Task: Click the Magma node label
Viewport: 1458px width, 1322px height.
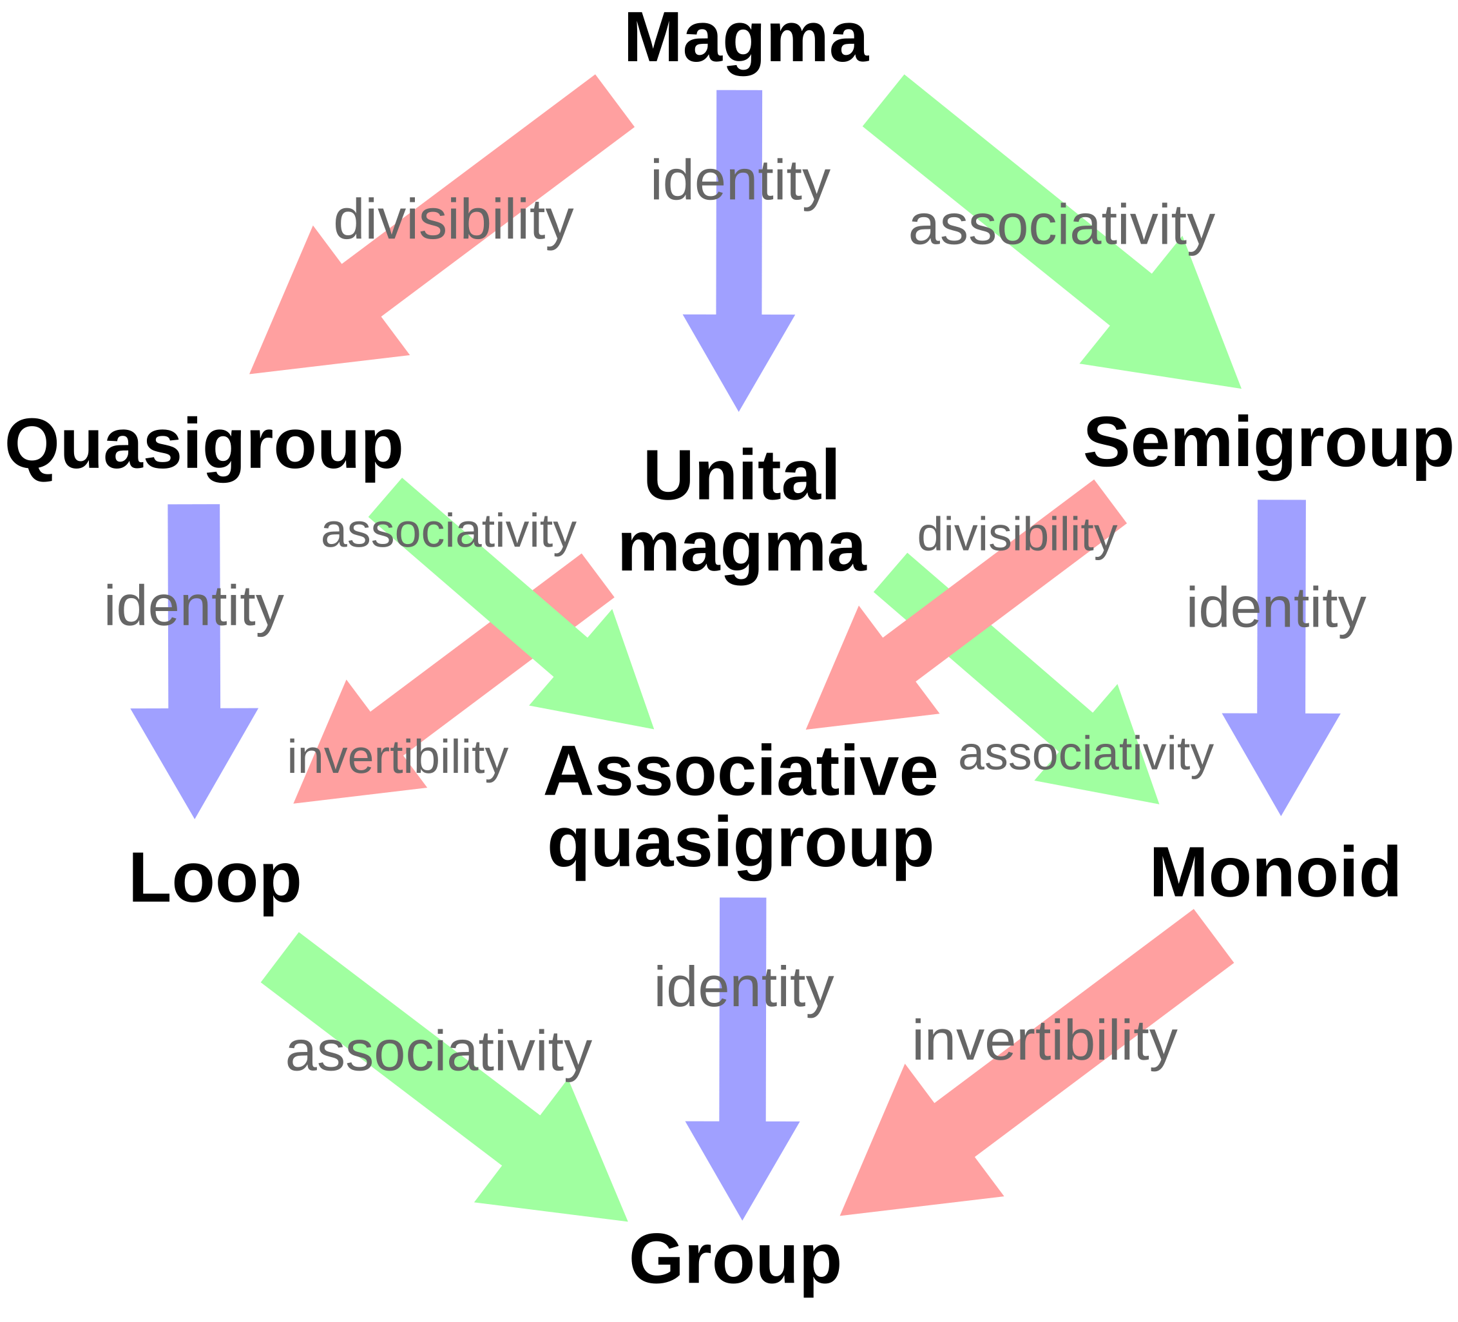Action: pyautogui.click(x=745, y=39)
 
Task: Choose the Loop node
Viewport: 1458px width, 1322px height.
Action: pyautogui.click(x=215, y=879)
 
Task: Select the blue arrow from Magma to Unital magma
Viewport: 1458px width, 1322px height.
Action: pyautogui.click(x=738, y=250)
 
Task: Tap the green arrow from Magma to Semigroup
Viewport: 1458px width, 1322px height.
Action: pyautogui.click(x=1052, y=231)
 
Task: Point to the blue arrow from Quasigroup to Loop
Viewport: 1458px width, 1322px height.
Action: pyautogui.click(x=194, y=661)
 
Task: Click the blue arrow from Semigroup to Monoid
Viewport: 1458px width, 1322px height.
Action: pyautogui.click(x=1281, y=657)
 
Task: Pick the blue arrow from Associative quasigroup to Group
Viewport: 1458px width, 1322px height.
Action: pyautogui.click(x=742, y=1058)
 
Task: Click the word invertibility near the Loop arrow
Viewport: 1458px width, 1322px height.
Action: pyautogui.click(x=397, y=757)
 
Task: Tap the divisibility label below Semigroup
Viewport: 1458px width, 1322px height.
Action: pyautogui.click(x=1017, y=535)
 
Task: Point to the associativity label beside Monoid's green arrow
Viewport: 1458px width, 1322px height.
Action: pyautogui.click(x=1085, y=754)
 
